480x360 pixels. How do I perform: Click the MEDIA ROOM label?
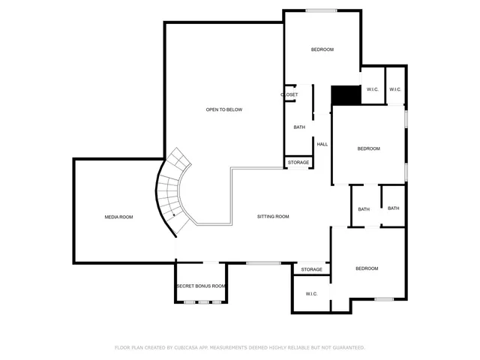click(118, 217)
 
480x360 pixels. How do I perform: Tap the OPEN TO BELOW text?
click(224, 109)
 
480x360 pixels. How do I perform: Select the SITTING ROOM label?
click(273, 217)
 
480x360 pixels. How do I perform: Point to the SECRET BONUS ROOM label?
click(201, 286)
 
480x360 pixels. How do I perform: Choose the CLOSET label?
click(289, 94)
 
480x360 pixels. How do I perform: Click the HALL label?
click(322, 144)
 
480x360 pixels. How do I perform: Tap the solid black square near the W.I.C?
click(346, 95)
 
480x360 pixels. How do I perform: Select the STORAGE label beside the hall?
click(298, 162)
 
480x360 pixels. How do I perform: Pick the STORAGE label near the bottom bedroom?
click(312, 269)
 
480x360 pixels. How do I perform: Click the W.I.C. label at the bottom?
click(312, 293)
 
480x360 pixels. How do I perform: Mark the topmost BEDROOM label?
click(322, 49)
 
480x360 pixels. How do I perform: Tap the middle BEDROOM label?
click(368, 148)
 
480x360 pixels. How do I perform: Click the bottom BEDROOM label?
click(367, 268)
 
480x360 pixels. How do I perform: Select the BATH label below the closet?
click(299, 127)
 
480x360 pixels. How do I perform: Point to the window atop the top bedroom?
click(320, 10)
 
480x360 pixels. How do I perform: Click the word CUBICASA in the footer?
click(184, 347)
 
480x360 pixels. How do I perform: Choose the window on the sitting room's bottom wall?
click(263, 262)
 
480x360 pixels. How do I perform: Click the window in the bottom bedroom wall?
click(384, 299)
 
